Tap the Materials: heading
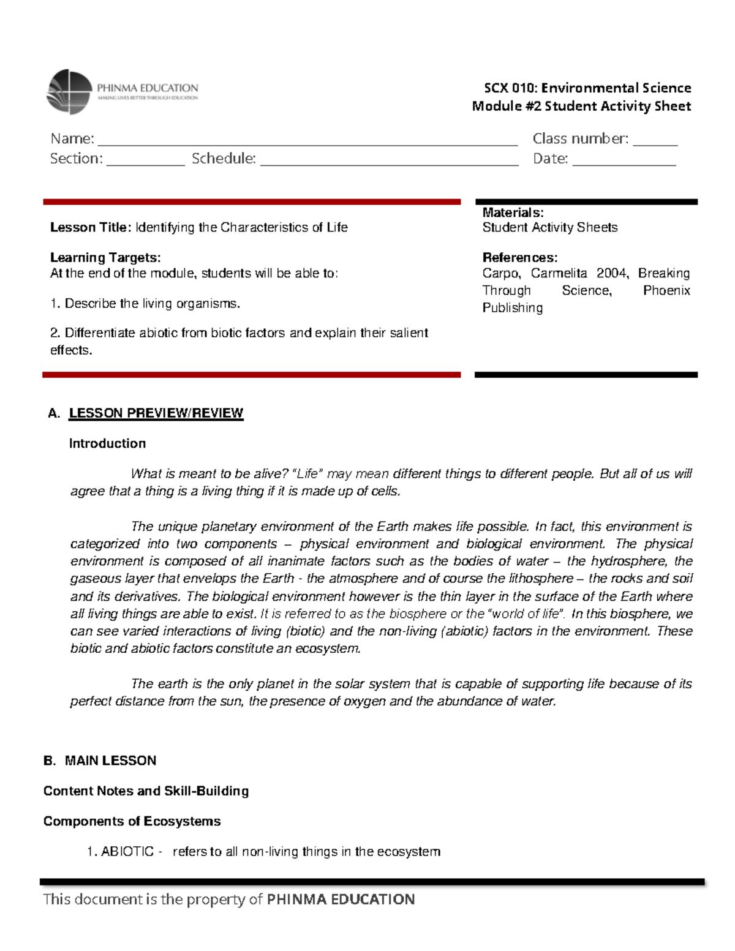click(513, 212)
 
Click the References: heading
click(519, 257)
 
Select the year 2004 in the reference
click(612, 273)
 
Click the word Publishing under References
click(512, 307)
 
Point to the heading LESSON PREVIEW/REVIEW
click(156, 413)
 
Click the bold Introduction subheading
click(107, 443)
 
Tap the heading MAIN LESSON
click(110, 761)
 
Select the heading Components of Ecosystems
click(132, 821)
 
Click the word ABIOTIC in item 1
click(127, 851)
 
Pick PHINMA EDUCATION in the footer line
click(341, 899)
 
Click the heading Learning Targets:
click(105, 257)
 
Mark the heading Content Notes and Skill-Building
click(146, 791)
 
